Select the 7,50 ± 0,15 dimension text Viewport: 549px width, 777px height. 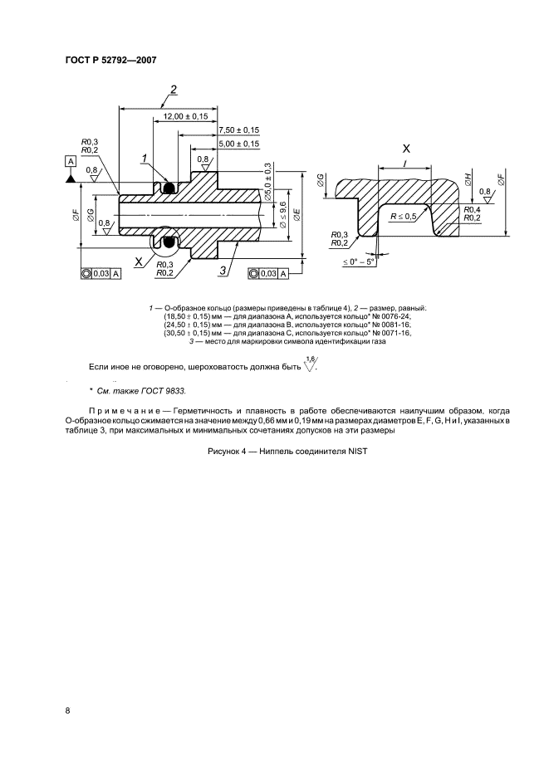238,130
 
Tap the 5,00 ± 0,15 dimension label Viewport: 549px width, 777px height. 238,144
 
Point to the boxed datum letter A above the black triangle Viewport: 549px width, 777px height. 71,161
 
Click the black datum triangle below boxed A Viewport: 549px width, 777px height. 71,177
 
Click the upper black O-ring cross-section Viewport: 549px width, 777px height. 169,188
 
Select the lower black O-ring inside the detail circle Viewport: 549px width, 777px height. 169,242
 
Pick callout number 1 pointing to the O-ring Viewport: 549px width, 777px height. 144,157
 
